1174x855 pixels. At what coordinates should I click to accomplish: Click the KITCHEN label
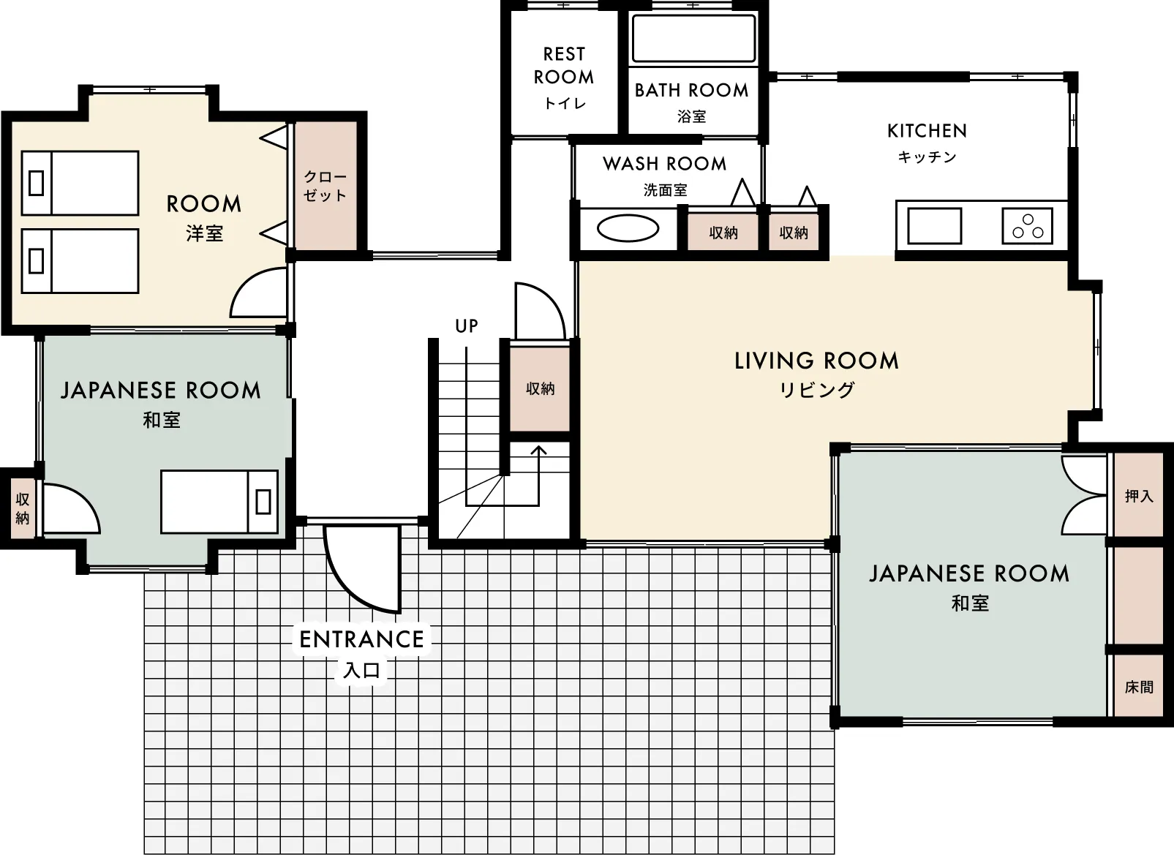(927, 130)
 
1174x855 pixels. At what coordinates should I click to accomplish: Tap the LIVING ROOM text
(816, 361)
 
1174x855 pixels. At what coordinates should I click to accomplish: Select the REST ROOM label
(564, 66)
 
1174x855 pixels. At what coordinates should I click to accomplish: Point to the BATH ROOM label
(691, 90)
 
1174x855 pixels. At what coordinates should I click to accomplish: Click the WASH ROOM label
(665, 163)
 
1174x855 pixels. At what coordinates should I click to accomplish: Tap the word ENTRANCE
(361, 640)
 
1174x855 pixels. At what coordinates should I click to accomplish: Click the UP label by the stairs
(467, 326)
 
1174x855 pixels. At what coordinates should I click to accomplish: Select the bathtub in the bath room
(694, 38)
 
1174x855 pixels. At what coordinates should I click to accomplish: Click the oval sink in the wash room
(628, 228)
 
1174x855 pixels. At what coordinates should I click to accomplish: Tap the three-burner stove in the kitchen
(1027, 226)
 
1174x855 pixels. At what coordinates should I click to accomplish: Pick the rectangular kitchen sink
(935, 226)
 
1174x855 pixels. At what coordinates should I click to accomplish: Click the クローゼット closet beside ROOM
(326, 186)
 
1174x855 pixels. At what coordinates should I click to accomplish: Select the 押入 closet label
(1139, 496)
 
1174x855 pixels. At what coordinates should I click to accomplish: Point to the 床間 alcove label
(1139, 687)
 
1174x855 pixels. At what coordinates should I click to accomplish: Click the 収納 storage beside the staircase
(540, 388)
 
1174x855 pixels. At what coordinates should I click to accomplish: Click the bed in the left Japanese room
(219, 502)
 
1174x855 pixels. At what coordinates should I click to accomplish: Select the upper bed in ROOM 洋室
(80, 183)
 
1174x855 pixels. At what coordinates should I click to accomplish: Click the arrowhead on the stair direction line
(538, 450)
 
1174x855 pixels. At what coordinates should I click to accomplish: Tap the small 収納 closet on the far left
(22, 508)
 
